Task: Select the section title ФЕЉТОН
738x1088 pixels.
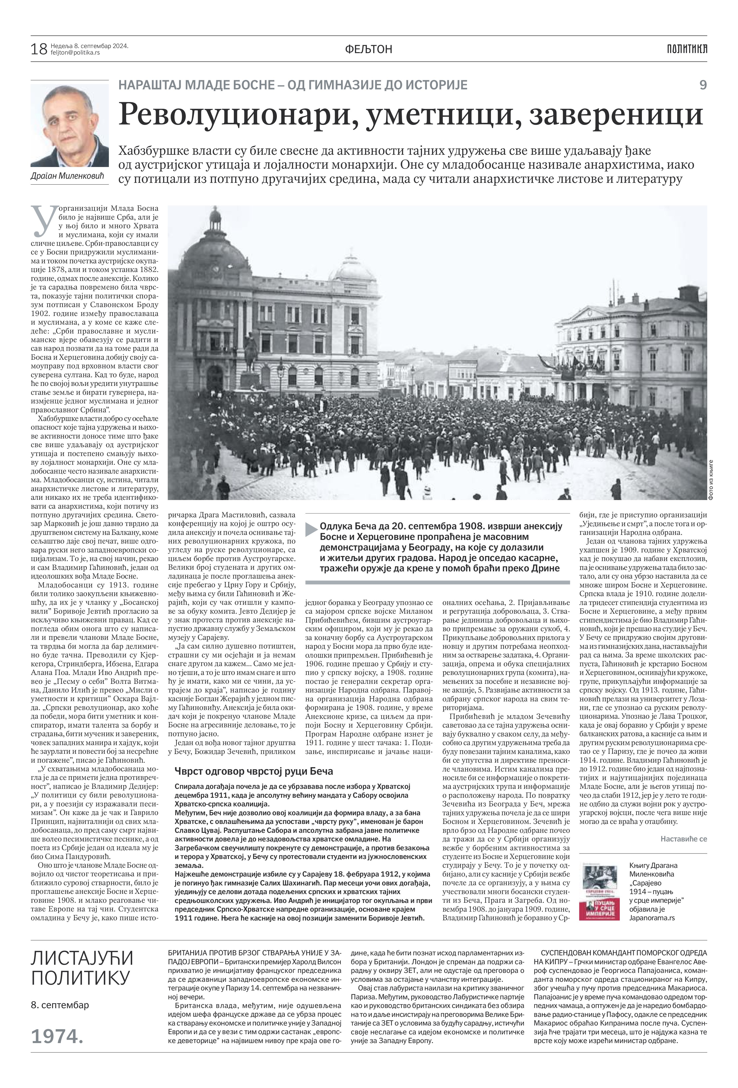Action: pyautogui.click(x=369, y=49)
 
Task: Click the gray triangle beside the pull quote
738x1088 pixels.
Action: pyautogui.click(x=311, y=529)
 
